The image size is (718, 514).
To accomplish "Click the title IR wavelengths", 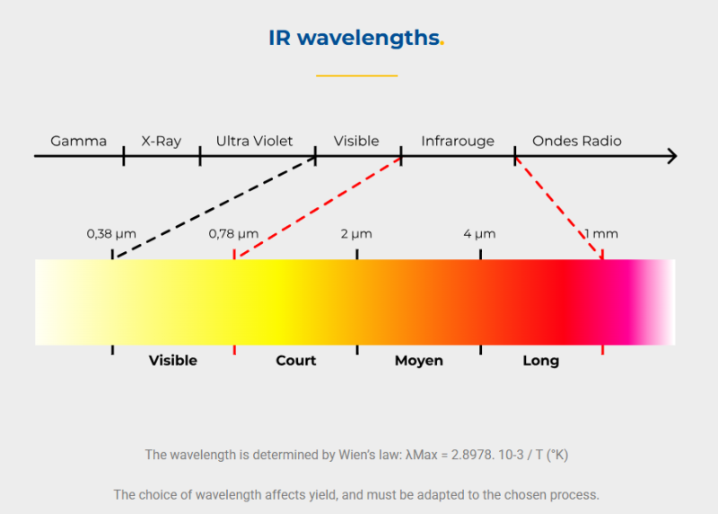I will click(355, 38).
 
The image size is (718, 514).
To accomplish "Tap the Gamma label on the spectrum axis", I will click(78, 141).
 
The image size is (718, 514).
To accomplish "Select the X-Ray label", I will click(162, 141).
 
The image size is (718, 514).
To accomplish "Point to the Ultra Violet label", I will click(254, 141).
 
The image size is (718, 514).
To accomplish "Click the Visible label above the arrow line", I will click(356, 141).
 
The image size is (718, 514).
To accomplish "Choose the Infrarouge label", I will click(458, 141).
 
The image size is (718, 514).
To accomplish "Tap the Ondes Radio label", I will click(576, 141).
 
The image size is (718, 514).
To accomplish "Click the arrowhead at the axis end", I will click(671, 157).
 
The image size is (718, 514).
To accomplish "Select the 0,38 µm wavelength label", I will click(111, 234).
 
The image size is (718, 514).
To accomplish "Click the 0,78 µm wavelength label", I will click(233, 234).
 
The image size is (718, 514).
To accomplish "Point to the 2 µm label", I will click(356, 234).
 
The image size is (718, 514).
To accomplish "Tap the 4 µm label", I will click(479, 234).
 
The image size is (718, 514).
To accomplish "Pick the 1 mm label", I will click(601, 234).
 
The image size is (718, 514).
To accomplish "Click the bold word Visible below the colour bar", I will click(172, 361).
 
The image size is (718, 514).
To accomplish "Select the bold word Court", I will click(295, 361).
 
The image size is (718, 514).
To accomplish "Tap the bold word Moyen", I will click(418, 361).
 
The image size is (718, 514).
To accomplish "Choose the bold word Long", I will click(540, 361).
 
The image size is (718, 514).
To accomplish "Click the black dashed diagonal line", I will click(214, 207).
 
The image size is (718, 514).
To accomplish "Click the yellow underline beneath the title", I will click(356, 76).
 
